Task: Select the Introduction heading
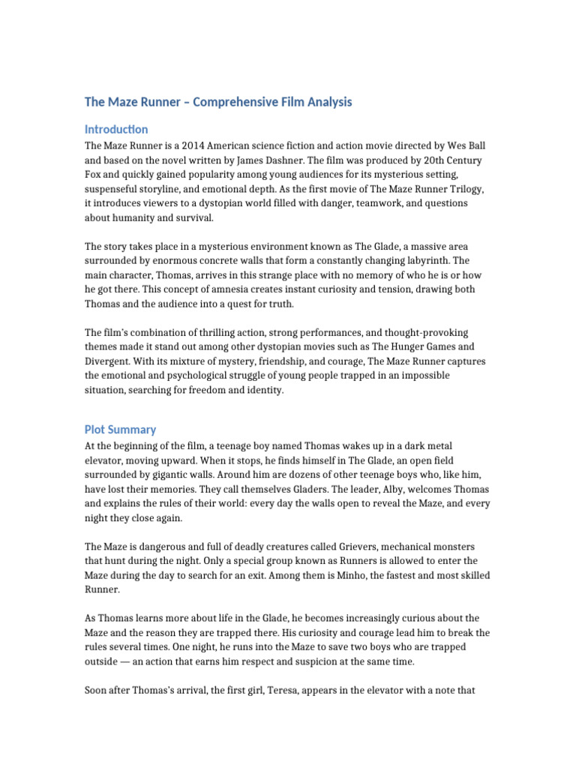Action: (116, 129)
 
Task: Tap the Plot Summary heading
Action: (120, 430)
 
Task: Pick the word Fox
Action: (94, 175)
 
